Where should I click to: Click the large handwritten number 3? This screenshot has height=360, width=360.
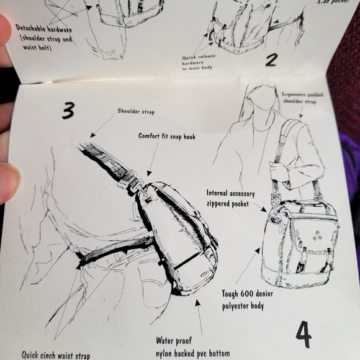pos(68,110)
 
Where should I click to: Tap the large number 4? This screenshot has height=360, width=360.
pos(303,334)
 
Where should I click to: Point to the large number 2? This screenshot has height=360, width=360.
pos(271,60)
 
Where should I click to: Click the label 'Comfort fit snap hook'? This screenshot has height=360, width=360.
pos(167,136)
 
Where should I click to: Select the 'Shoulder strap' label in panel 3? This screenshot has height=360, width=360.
pos(136,112)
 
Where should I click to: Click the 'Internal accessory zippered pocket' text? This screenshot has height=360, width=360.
pos(230,198)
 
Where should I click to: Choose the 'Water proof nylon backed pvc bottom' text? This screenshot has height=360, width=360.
pos(192,347)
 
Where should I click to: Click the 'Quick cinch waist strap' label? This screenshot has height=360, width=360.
pos(56,355)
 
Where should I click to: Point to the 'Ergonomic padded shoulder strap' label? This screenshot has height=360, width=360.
pos(301,97)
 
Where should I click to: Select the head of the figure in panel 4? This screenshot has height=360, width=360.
pos(263,99)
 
